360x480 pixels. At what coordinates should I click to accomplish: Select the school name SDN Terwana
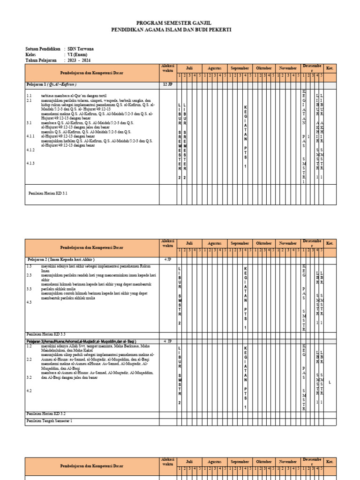click(x=80, y=48)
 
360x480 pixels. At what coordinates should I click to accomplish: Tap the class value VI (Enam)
click(x=77, y=54)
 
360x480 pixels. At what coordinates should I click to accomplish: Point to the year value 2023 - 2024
click(x=79, y=60)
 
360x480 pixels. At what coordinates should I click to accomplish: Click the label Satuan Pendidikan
click(x=43, y=48)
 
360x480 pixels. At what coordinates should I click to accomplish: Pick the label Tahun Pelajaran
click(x=41, y=60)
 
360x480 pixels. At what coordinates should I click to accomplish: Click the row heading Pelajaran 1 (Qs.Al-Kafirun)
click(x=52, y=84)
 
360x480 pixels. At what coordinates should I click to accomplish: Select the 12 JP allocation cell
click(x=167, y=84)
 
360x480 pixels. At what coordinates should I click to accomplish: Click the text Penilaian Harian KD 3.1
click(x=48, y=193)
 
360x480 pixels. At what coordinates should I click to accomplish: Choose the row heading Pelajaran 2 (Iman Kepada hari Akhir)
click(x=61, y=259)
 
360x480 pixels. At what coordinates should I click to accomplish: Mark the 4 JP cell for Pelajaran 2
click(x=167, y=259)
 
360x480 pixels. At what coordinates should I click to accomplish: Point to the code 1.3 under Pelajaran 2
click(x=29, y=265)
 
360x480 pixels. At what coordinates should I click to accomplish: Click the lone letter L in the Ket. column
click(x=330, y=382)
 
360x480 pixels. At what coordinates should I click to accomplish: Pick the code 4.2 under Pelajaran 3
click(x=29, y=390)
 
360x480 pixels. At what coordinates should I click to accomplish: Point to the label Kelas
click(x=31, y=54)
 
